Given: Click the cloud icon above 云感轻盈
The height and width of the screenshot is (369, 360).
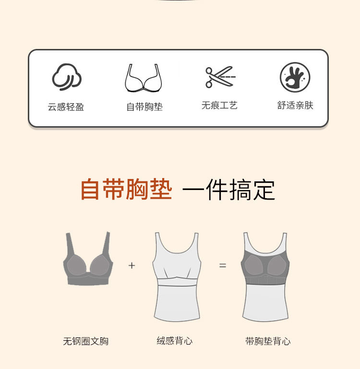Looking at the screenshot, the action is point(67,77).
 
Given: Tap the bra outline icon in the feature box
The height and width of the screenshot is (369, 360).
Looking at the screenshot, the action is point(144,78).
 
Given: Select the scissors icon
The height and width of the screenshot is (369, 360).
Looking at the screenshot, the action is point(220,77).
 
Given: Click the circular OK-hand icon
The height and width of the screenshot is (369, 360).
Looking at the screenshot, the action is point(295,77).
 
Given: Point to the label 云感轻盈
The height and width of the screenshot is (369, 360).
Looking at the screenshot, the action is point(66,107).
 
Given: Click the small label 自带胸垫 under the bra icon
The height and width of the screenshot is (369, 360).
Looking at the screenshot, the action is point(144,107).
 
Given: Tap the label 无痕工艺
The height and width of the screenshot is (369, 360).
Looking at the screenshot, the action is point(219,106).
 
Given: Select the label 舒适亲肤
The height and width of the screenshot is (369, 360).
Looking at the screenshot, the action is point(295,106).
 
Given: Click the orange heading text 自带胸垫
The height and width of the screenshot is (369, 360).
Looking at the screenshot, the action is point(126,190).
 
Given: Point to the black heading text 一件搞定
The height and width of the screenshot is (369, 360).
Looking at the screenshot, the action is point(228,190).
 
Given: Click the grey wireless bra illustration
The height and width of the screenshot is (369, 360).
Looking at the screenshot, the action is point(88,259).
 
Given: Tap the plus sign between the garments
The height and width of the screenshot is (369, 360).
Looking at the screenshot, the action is point(132,265).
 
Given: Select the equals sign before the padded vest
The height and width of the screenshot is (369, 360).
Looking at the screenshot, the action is point(223,265).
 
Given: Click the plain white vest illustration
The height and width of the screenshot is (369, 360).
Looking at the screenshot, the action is point(177,277).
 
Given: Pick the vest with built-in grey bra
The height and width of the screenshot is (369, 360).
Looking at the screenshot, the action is point(265,277).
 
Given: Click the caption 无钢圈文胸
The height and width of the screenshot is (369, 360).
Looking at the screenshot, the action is point(86,341).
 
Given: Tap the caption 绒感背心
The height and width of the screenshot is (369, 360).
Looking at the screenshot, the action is point(174,341).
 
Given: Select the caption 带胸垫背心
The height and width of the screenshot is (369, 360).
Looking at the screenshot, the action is point(268,341).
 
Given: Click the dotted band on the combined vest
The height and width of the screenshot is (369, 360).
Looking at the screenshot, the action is point(265,281).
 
